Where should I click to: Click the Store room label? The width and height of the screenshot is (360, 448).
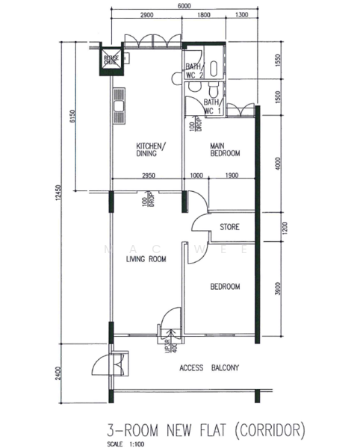tap(229, 227)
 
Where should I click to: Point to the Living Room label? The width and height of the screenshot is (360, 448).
tap(146, 259)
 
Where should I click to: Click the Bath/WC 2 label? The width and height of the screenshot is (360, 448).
tap(193, 71)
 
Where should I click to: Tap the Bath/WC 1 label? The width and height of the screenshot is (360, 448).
tap(212, 106)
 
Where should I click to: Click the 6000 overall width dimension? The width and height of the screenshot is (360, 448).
tap(184, 6)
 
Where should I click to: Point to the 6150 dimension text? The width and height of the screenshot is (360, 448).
tap(72, 117)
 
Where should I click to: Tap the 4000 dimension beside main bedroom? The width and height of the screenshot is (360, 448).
tap(278, 163)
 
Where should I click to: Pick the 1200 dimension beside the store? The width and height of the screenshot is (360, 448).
tap(278, 228)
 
